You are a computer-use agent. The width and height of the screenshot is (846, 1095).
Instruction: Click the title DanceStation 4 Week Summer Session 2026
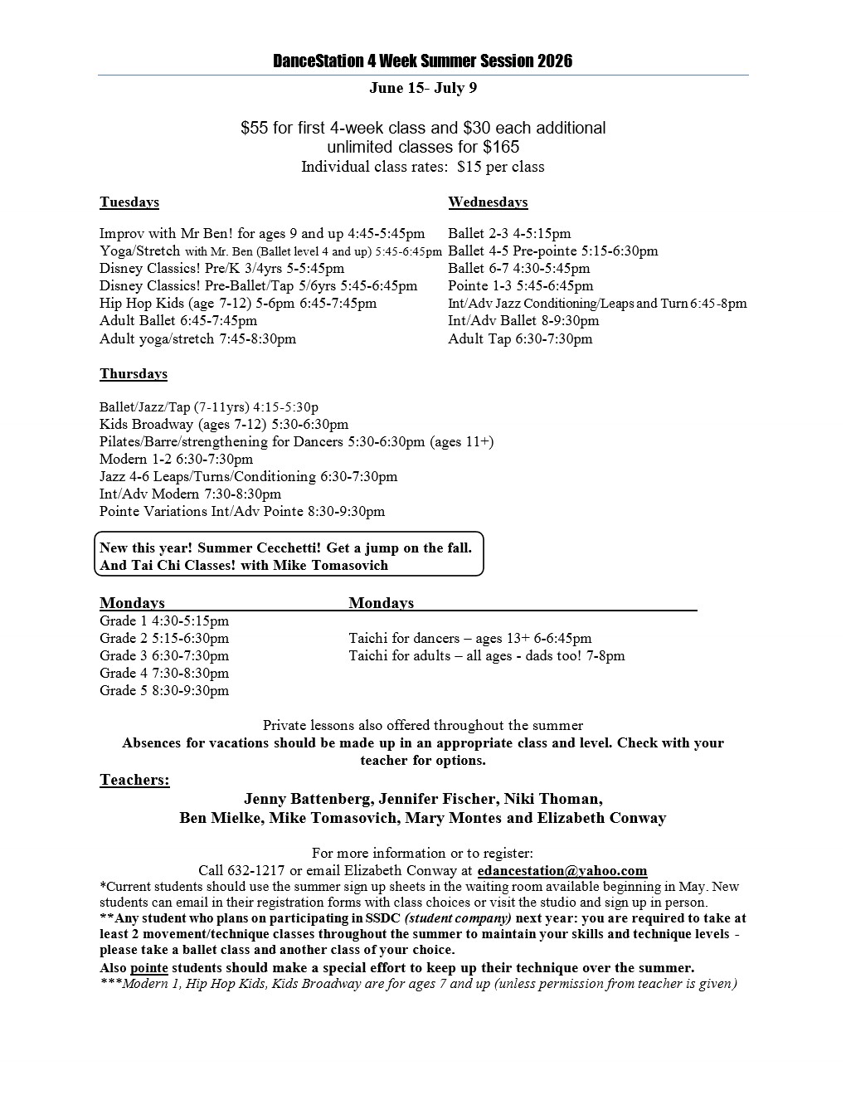[x=422, y=61]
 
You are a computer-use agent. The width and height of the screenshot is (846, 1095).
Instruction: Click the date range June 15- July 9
[x=422, y=88]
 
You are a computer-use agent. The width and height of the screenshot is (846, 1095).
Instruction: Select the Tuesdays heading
[x=129, y=202]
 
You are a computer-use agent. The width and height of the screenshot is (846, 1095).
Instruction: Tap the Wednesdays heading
[x=488, y=202]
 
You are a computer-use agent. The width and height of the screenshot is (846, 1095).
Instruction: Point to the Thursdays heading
[x=134, y=373]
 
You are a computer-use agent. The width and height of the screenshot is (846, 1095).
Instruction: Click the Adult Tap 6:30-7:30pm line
[x=520, y=338]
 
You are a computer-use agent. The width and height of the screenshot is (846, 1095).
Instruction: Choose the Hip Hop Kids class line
[x=238, y=303]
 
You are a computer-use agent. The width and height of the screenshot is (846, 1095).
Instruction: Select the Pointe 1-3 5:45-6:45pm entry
[x=520, y=285]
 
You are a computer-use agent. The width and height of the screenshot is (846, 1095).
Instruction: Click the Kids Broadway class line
[x=224, y=424]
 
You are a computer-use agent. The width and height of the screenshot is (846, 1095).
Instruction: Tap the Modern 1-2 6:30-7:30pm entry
[x=176, y=459]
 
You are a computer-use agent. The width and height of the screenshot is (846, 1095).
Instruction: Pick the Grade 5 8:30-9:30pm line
[x=164, y=690]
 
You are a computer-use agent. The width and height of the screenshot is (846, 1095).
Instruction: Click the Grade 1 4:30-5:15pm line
[x=164, y=620]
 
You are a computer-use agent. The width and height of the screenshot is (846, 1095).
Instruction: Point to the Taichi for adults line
[x=487, y=655]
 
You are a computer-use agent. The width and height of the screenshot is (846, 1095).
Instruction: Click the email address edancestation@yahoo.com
[x=562, y=870]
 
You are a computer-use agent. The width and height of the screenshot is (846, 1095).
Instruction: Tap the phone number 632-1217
[x=253, y=870]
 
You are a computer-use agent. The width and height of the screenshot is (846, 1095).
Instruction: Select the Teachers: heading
[x=134, y=780]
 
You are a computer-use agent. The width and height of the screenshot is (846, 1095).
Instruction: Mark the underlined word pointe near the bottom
[x=149, y=967]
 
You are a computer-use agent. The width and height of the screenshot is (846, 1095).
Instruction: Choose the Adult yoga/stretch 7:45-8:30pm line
[x=197, y=338]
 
